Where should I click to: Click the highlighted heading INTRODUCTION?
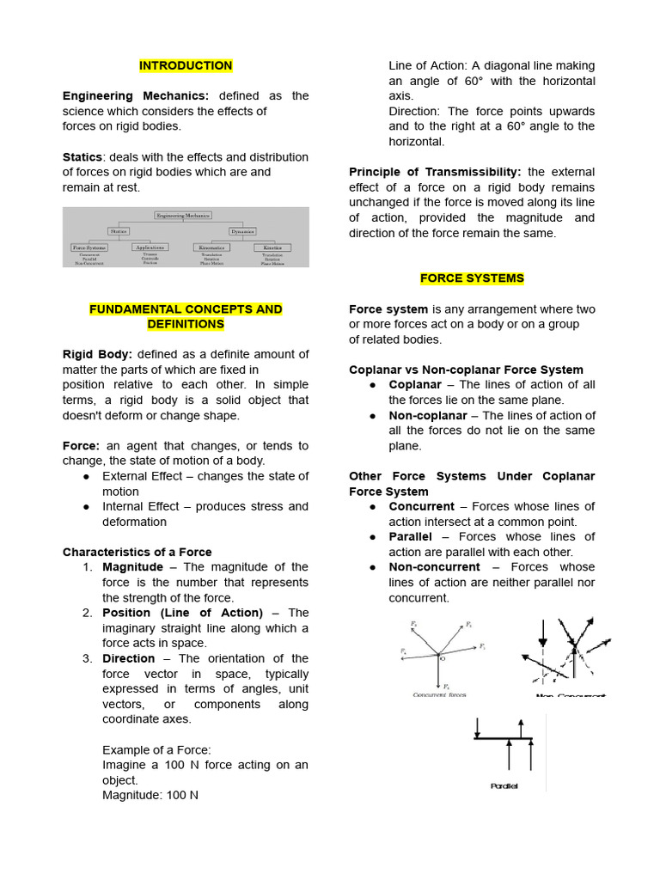(x=186, y=65)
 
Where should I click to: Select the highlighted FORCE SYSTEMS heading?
(x=472, y=278)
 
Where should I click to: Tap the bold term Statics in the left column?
(x=82, y=157)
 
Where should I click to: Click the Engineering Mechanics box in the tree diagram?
(x=182, y=215)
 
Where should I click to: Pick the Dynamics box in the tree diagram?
(x=242, y=230)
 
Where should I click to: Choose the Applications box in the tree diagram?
(x=150, y=247)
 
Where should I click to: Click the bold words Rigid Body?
(x=97, y=354)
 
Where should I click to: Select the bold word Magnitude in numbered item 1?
(x=132, y=567)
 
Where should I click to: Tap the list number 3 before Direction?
(x=88, y=658)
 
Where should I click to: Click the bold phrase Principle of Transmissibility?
(x=435, y=172)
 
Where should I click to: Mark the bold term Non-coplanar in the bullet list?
(x=427, y=415)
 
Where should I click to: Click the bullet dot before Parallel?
(x=372, y=537)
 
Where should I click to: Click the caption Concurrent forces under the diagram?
(x=440, y=694)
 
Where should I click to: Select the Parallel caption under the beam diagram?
(x=504, y=785)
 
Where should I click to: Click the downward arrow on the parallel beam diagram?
(x=476, y=726)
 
